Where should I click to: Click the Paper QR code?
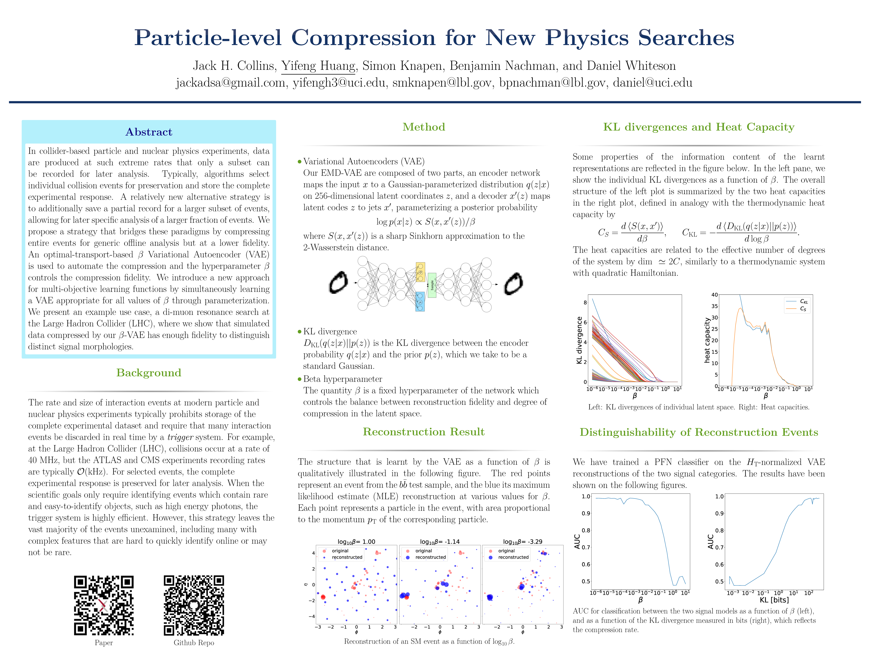point(104,605)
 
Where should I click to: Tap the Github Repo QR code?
point(194,605)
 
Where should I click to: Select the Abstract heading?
point(149,132)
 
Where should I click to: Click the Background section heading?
point(149,373)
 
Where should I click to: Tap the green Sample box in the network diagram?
point(432,285)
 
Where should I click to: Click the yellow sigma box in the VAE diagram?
point(420,272)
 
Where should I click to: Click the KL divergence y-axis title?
point(579,340)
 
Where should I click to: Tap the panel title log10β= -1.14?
point(440,542)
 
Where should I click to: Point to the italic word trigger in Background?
point(180,437)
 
